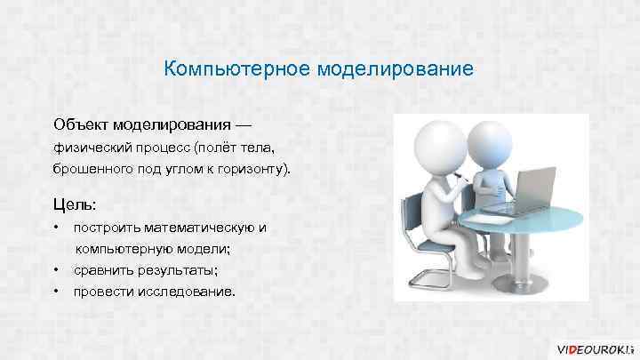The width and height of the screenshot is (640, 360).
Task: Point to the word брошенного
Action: (92, 167)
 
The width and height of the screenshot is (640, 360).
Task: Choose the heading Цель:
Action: (76, 203)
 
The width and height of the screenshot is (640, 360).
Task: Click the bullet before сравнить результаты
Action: (56, 269)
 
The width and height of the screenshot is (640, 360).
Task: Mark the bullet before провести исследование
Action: (56, 291)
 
